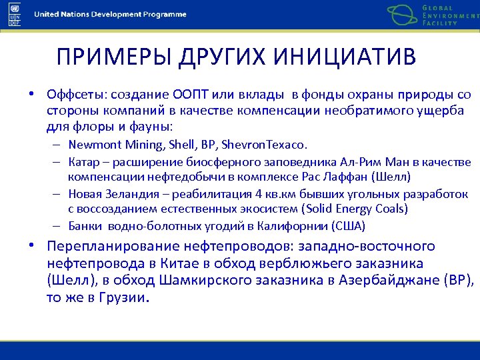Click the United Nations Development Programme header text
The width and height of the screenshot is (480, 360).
click(x=110, y=15)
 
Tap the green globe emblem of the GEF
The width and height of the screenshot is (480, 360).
click(x=403, y=14)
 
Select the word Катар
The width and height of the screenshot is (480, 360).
click(x=82, y=162)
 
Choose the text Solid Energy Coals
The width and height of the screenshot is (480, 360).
click(x=364, y=209)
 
